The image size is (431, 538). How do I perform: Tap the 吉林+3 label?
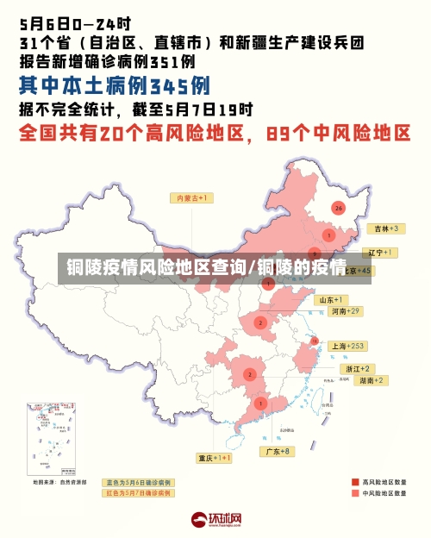click(384, 228)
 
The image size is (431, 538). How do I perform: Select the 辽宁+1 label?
click(379, 253)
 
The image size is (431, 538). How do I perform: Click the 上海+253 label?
click(348, 346)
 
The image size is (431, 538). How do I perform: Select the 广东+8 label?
click(277, 451)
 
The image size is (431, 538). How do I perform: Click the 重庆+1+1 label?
click(214, 458)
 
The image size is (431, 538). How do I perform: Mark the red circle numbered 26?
click(338, 208)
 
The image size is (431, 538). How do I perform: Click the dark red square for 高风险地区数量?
click(355, 482)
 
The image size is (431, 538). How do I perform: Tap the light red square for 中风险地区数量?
click(355, 494)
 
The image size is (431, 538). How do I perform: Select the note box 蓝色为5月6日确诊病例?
click(138, 482)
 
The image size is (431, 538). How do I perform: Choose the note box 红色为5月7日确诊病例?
click(138, 493)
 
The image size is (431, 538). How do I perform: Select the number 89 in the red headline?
click(284, 133)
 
